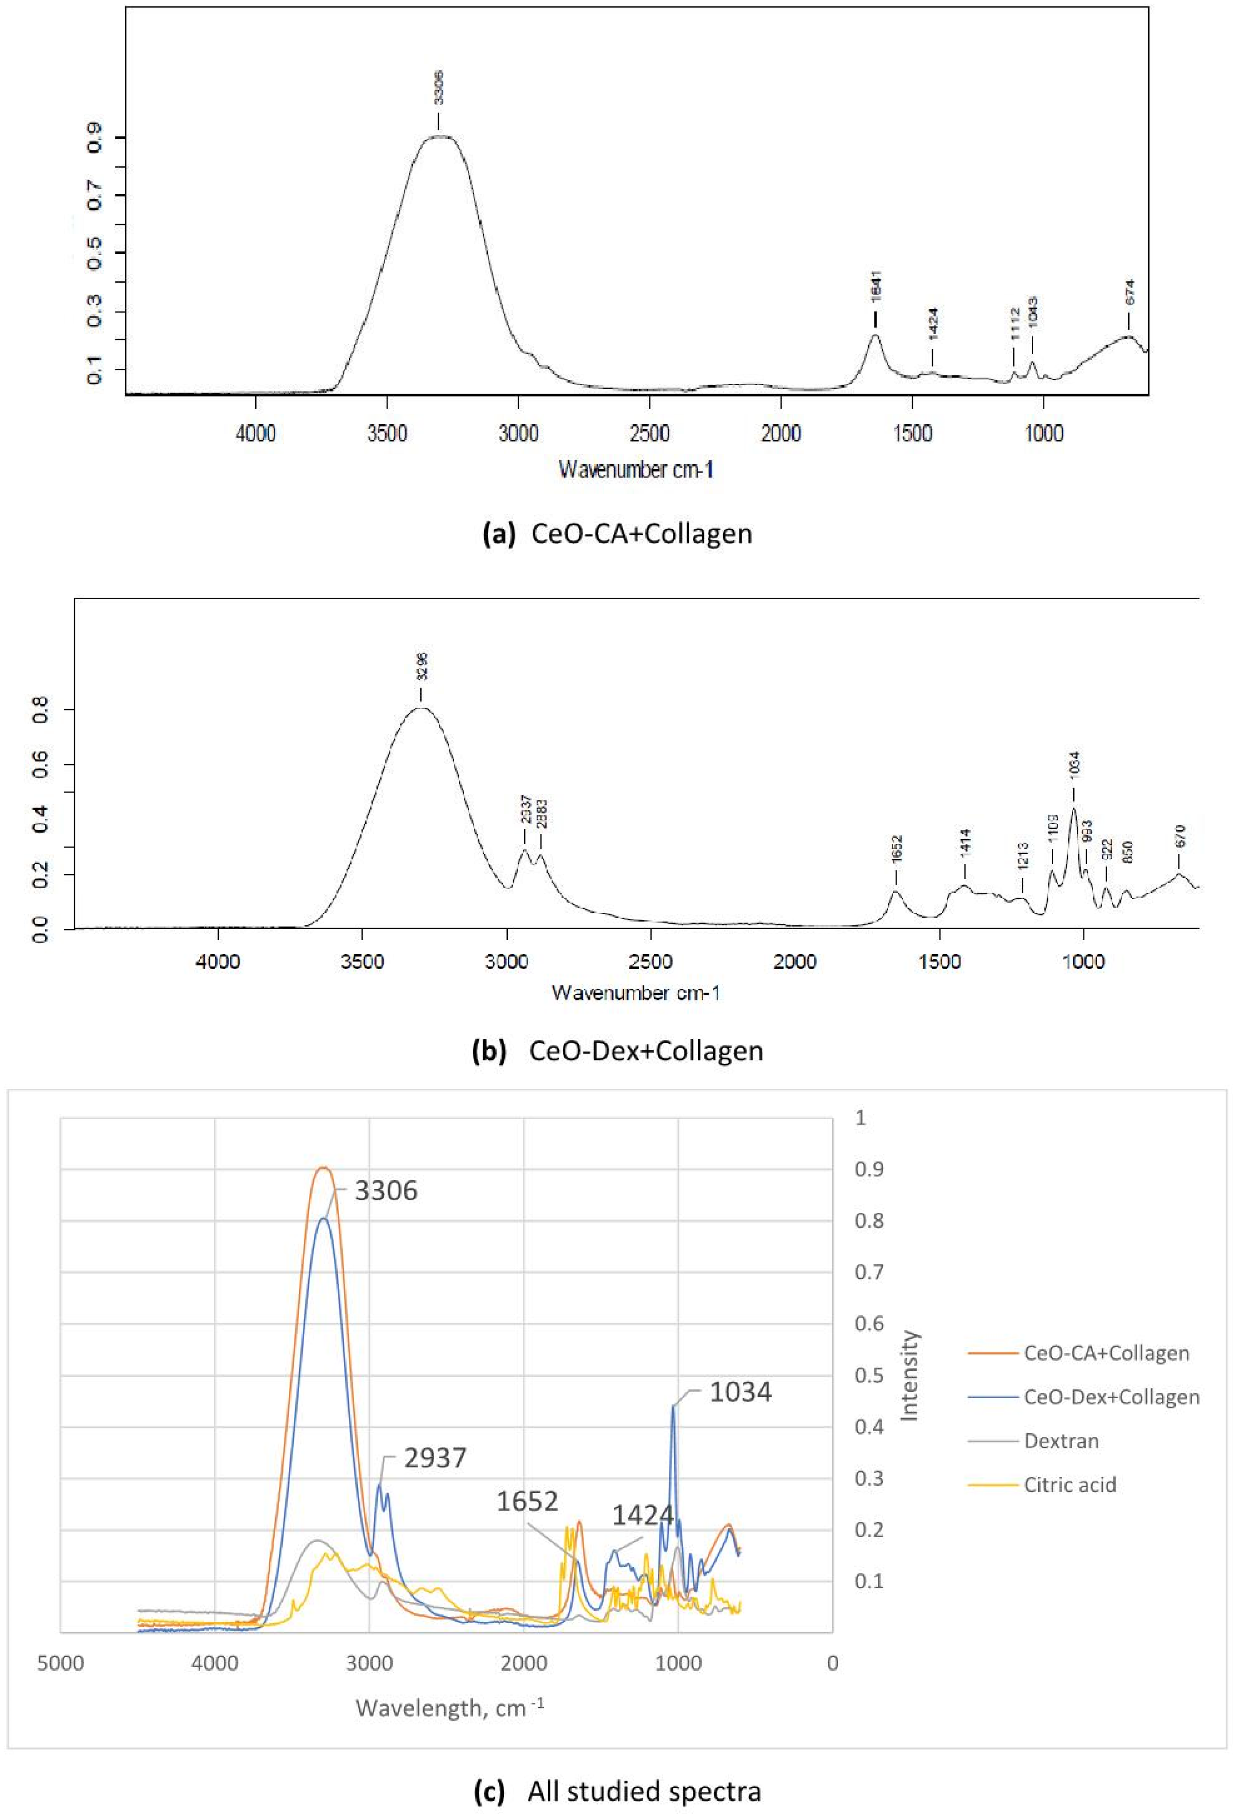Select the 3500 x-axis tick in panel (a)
387,434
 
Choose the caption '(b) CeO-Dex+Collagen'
617,1051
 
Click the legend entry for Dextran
1060,1441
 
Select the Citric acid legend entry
1069,1485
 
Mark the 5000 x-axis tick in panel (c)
61,1664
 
